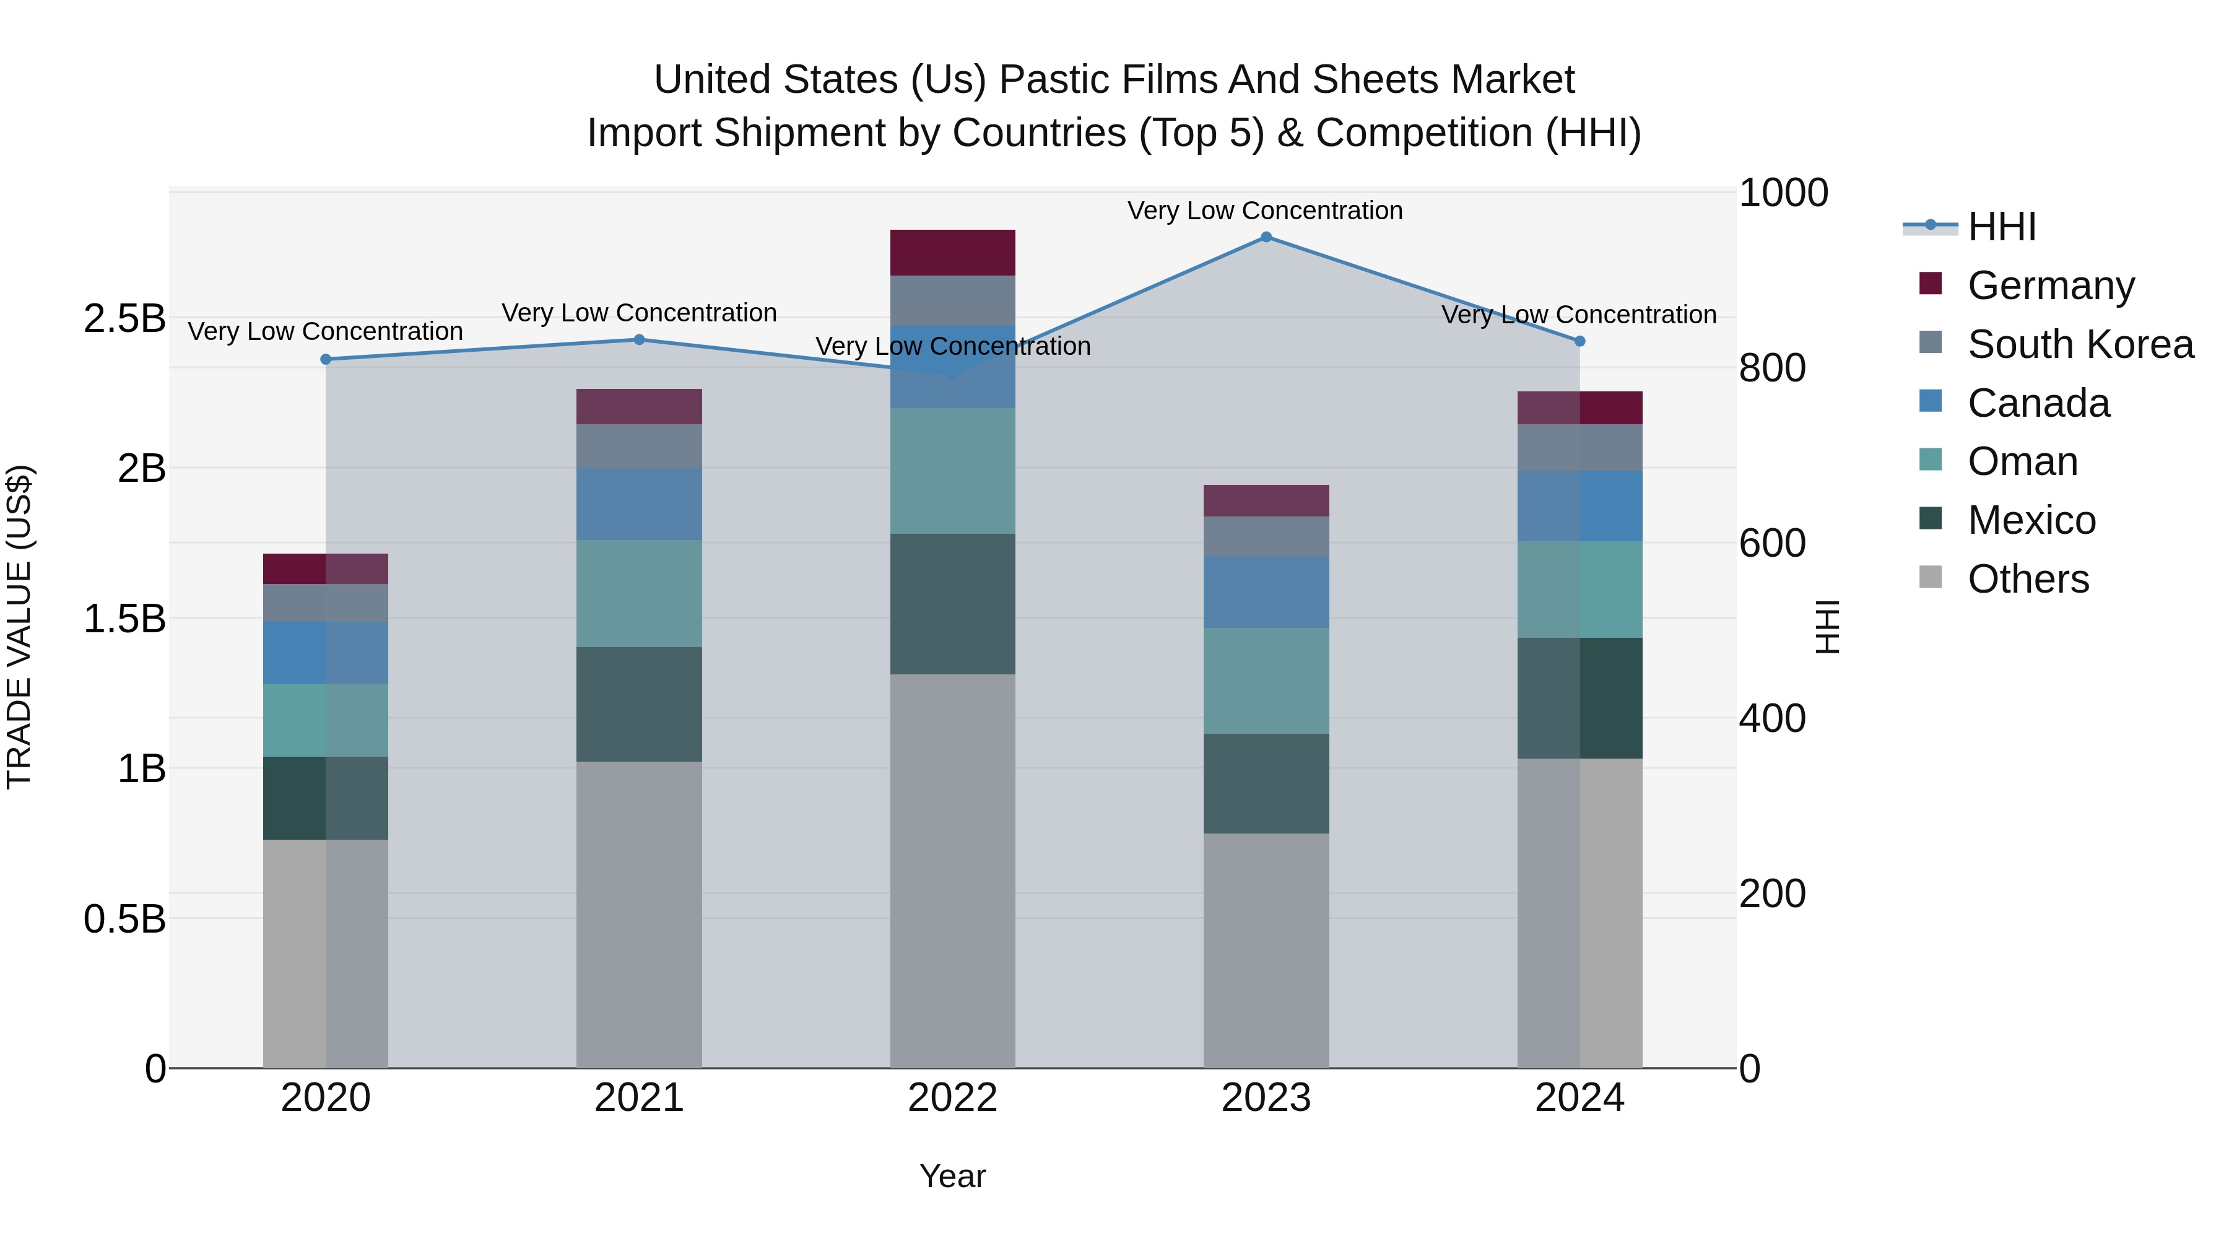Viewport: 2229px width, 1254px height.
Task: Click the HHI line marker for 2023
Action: [x=1266, y=237]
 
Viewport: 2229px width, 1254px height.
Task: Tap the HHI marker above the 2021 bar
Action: [x=640, y=339]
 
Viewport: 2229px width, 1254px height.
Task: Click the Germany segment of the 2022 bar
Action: [x=953, y=253]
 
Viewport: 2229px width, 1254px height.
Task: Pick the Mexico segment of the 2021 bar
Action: [x=640, y=705]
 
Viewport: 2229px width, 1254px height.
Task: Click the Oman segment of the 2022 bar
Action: [x=953, y=471]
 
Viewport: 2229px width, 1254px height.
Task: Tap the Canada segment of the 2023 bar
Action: [x=1266, y=592]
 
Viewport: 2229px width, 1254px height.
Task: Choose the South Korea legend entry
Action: [x=2080, y=344]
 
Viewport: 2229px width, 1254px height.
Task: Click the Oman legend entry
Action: [x=2022, y=461]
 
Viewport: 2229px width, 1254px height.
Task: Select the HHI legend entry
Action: [x=2001, y=227]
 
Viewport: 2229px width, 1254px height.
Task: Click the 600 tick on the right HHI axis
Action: [x=1772, y=544]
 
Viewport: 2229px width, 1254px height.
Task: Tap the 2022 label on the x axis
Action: [x=953, y=1098]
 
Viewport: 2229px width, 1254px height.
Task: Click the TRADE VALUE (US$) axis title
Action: [x=19, y=627]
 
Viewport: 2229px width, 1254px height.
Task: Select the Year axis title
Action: [x=953, y=1176]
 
